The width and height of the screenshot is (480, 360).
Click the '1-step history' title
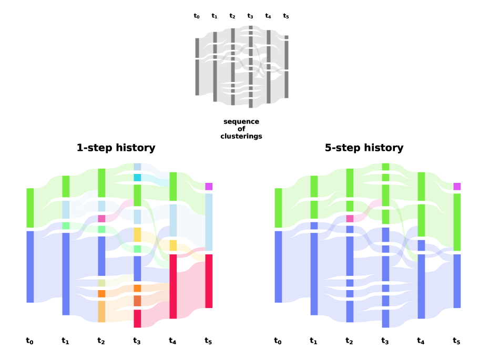(116, 148)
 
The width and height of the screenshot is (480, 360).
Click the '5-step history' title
(364, 148)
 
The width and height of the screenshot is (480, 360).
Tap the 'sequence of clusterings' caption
(241, 129)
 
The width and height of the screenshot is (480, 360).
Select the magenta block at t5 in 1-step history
(209, 187)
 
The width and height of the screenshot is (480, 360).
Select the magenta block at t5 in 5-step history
(457, 187)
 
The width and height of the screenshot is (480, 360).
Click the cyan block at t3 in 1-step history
(137, 178)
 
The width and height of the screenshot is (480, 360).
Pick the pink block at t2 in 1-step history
(101, 218)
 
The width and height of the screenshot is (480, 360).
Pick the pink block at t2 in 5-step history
(350, 218)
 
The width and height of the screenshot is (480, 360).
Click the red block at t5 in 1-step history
(209, 281)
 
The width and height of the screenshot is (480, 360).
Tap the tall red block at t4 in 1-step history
(173, 286)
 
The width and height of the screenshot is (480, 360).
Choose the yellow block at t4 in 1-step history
(173, 245)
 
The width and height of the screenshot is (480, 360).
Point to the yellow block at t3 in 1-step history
(137, 234)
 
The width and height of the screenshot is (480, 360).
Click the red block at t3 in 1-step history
(137, 318)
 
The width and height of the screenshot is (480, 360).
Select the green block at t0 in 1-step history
(30, 208)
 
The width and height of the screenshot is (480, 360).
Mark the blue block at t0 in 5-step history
(278, 266)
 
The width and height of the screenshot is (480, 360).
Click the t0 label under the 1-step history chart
(30, 341)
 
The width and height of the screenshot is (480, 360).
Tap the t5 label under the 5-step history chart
(456, 341)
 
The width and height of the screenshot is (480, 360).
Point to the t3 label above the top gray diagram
(250, 16)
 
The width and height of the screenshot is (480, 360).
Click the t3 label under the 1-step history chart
(137, 341)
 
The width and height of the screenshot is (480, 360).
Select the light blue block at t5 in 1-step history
(209, 222)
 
